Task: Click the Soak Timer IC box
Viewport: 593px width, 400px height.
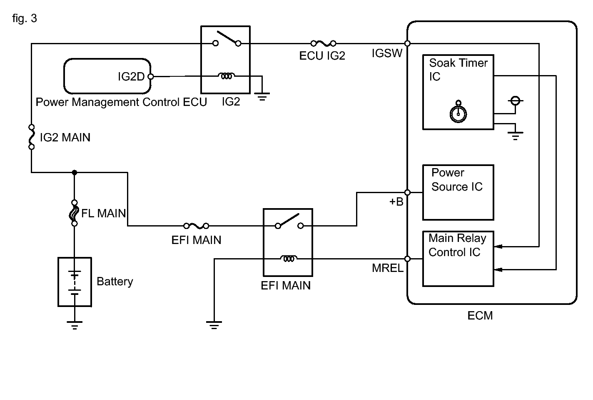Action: point(458,92)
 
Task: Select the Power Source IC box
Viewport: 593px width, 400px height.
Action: point(458,192)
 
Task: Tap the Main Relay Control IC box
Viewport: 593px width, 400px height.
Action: point(458,259)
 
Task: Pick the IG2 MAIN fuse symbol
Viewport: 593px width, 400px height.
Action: point(32,136)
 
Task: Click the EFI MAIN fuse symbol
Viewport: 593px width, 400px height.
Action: point(196,226)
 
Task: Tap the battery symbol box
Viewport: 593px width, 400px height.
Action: point(75,282)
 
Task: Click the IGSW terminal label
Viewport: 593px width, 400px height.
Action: point(387,53)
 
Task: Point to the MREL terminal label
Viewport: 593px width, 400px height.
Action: point(387,268)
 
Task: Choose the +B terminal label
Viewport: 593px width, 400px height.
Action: point(396,202)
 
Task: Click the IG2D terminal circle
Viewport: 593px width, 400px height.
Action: point(151,77)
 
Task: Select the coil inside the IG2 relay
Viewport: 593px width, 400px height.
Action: point(226,76)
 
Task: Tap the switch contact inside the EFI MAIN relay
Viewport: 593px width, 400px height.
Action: point(288,221)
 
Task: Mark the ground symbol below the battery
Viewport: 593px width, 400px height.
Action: point(75,325)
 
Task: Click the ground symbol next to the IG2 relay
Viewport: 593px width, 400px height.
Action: point(262,97)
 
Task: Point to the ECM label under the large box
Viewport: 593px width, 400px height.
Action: point(480,315)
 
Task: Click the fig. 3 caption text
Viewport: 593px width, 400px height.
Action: point(25,19)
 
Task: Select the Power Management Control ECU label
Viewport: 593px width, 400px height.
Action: point(121,102)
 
